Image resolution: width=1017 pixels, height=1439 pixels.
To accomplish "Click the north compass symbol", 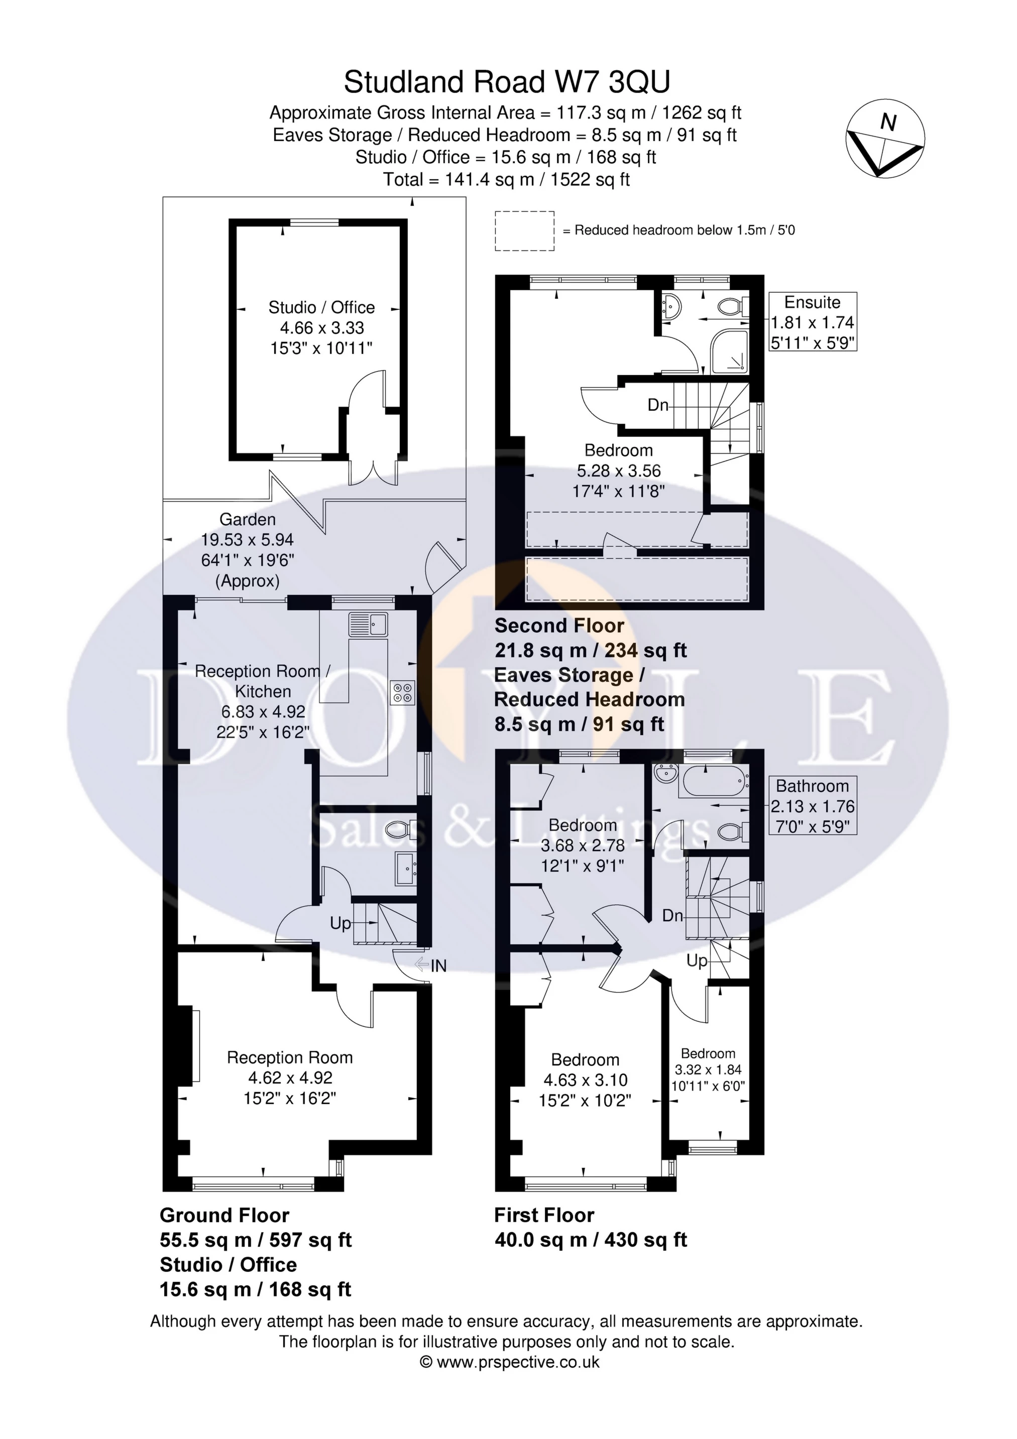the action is pos(885,139).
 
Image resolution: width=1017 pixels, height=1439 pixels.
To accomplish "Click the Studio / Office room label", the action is pos(321,307).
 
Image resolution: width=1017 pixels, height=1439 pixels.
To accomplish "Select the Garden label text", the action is pos(247,519).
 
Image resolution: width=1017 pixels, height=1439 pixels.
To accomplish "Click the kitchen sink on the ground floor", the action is pos(369,624).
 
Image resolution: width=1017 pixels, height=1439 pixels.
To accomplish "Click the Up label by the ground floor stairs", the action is pos(341,923).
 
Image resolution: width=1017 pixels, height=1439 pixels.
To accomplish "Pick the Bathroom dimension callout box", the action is pos(813,806).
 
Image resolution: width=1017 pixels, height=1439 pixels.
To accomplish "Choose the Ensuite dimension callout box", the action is pos(813,321).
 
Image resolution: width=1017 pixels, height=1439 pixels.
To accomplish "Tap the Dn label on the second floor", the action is pos(658,405).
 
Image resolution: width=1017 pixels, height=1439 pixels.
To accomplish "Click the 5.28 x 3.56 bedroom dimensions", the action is pos(619,470).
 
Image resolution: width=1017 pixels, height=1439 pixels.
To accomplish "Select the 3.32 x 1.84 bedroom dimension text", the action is pos(708,1070).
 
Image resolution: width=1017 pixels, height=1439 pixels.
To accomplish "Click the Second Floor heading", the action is pos(559,626).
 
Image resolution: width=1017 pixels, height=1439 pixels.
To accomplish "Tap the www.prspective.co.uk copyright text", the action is pos(509,1361).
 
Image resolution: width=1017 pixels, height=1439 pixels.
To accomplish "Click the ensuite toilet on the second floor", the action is pos(732,306).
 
